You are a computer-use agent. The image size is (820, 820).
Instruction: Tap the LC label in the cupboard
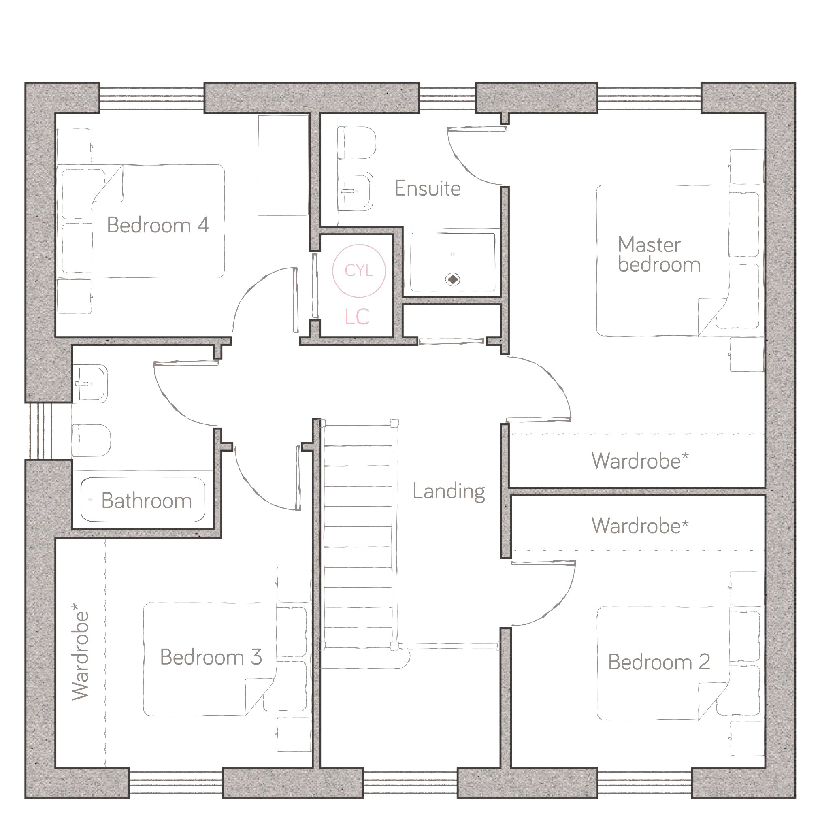[357, 317]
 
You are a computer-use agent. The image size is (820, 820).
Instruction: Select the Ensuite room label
[427, 188]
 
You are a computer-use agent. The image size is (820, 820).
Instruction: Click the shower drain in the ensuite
[453, 280]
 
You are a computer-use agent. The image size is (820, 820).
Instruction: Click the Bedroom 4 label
[158, 225]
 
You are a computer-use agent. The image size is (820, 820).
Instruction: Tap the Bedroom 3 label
[211, 657]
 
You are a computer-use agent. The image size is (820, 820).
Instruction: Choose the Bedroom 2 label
[659, 662]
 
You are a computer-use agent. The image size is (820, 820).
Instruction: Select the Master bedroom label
[659, 254]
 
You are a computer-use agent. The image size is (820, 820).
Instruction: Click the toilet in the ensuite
[357, 143]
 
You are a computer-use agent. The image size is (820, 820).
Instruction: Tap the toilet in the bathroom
[91, 440]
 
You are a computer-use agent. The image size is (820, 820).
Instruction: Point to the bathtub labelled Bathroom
[143, 500]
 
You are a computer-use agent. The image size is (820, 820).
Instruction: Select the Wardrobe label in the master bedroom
[640, 461]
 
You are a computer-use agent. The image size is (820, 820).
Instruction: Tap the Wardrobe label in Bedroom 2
[640, 526]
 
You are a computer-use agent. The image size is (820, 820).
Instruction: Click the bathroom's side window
[41, 431]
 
